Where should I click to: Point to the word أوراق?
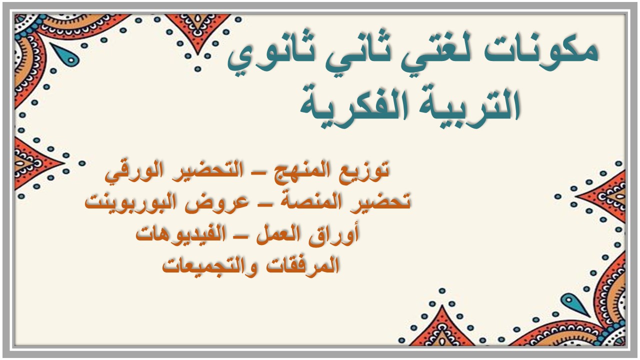coord(337,233)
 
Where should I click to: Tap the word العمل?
coord(279,233)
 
